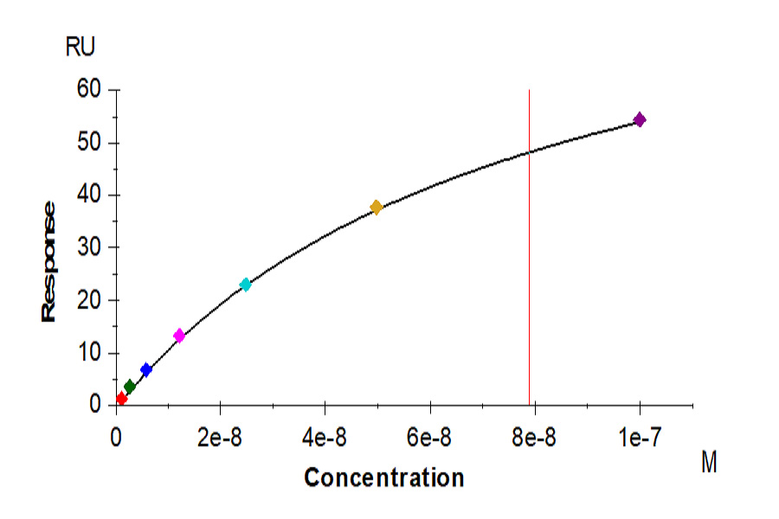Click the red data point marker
[x=121, y=399]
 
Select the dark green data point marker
[x=130, y=387]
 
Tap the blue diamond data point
[x=146, y=369]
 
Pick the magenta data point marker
[x=179, y=336]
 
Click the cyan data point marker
[x=246, y=285]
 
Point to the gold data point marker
[x=377, y=207]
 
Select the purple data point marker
[x=640, y=119]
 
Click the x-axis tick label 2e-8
[x=220, y=438]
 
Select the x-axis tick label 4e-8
[x=325, y=438]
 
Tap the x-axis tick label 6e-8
[x=429, y=438]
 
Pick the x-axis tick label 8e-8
[x=534, y=438]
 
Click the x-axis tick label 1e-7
[x=640, y=438]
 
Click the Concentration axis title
[x=383, y=477]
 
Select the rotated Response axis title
[x=49, y=261]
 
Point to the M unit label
[x=709, y=464]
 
